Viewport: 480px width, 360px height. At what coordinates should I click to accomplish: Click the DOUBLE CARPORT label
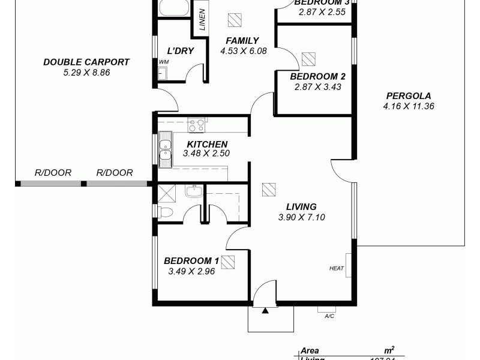coord(86,62)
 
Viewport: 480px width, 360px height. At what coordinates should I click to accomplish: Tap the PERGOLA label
coord(408,95)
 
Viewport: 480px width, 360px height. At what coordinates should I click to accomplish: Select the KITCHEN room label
coord(207,144)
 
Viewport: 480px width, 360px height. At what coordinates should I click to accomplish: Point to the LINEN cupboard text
coord(202,20)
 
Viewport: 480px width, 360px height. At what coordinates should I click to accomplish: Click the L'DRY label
coord(180,50)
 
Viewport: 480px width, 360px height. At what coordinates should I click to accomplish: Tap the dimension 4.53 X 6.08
coord(243,50)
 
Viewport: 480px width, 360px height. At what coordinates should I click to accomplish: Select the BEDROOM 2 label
coord(317,76)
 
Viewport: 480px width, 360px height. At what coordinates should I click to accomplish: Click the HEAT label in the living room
coord(337,268)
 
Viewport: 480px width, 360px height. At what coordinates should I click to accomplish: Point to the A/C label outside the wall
coord(329,316)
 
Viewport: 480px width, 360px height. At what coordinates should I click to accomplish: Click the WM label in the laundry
coord(163,62)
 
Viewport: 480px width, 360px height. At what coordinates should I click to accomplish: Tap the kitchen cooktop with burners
coord(196,125)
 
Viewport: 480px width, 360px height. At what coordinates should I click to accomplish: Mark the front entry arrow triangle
coord(264,311)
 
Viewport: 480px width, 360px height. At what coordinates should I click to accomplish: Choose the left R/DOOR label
coord(53,173)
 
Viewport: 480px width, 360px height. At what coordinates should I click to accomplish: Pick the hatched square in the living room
coord(269,189)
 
